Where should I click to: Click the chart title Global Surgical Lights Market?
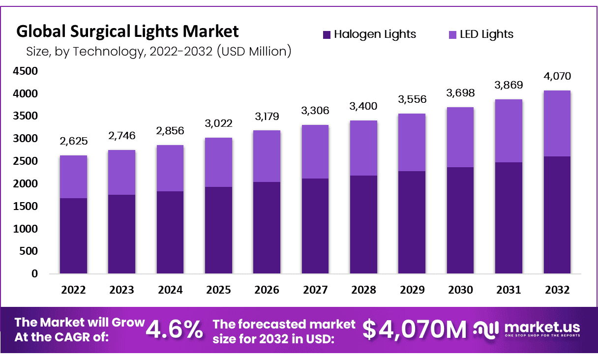pyautogui.click(x=128, y=31)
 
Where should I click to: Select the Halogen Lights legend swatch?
pyautogui.click(x=327, y=34)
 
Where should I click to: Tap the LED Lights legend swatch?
pyautogui.click(x=453, y=34)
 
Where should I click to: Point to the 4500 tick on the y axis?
pyautogui.click(x=25, y=71)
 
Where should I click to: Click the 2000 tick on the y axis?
pyautogui.click(x=25, y=184)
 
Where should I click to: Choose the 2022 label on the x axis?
pyautogui.click(x=73, y=290)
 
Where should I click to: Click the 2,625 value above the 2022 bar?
pyautogui.click(x=73, y=142)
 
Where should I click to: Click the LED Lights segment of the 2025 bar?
pyautogui.click(x=218, y=162)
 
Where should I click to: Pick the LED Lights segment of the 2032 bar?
pyautogui.click(x=557, y=123)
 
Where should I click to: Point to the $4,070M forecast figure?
pyautogui.click(x=415, y=330)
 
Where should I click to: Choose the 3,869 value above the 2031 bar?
pyautogui.click(x=508, y=85)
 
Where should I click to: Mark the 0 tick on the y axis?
pyautogui.click(x=34, y=274)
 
